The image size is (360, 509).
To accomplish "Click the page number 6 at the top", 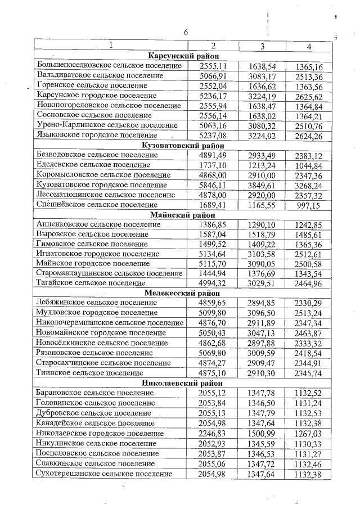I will coord(185,32).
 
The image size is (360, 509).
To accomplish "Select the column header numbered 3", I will coord(262,46).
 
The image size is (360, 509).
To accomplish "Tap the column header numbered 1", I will coord(110,46).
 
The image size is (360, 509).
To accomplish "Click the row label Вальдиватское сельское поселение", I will coord(100,75).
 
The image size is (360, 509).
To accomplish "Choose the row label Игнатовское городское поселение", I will coord(97,253).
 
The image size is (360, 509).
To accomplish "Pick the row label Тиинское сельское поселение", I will coord(89,372).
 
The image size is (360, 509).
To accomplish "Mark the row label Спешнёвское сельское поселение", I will coord(97,205).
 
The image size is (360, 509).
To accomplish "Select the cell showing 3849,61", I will coord(262,185).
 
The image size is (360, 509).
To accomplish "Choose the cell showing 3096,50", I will coord(262,313).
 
